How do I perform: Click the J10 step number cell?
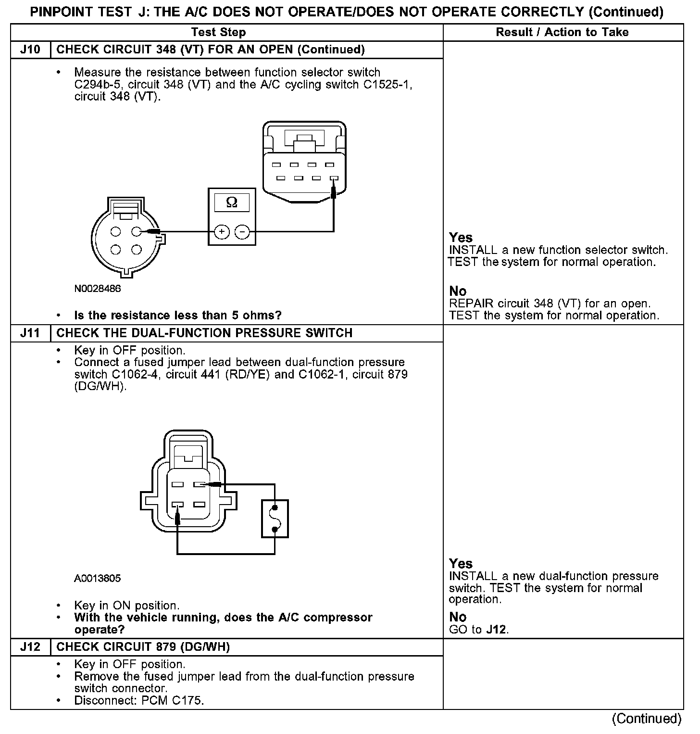coord(30,50)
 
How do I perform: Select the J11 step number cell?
coord(30,333)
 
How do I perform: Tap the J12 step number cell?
coord(30,647)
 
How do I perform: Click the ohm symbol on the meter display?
coord(232,202)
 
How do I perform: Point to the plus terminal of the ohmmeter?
coord(222,232)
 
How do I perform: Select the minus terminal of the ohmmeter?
coord(242,232)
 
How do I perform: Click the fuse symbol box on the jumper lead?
coord(275,519)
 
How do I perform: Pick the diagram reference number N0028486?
coord(98,289)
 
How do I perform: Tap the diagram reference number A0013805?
coord(98,578)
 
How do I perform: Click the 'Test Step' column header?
coord(218,32)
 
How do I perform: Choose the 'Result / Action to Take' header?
coord(562,32)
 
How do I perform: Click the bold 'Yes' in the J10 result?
coord(461,238)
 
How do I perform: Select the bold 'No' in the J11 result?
coord(458,617)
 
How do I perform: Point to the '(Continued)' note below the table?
coord(647,719)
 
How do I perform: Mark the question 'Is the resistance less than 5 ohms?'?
coord(178,316)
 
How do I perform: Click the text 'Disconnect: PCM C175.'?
coord(139,700)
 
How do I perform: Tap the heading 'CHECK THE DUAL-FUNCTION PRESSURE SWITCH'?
coord(204,333)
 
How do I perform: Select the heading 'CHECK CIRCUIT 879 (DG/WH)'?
coord(143,647)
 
